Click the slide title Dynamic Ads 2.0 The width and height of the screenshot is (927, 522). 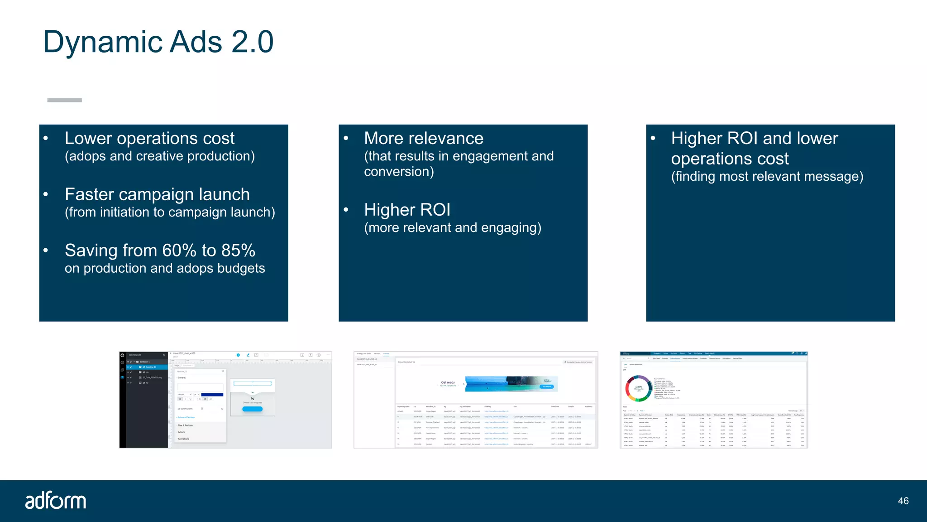coord(158,42)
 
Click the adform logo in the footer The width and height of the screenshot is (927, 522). coord(56,501)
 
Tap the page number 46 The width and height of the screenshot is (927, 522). coord(903,501)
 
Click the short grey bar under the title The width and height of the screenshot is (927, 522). coord(64,100)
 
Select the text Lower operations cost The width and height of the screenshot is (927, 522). coord(149,138)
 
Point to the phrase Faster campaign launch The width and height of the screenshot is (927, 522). coord(157,194)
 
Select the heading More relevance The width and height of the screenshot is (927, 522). coord(423,138)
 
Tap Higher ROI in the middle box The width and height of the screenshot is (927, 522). coord(407,210)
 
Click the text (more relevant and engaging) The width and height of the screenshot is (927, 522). coord(452,227)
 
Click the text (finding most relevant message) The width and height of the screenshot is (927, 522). coord(767,176)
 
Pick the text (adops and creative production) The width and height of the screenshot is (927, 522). coord(159,156)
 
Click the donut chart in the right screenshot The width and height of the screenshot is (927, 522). coord(638,388)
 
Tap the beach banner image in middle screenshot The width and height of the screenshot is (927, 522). coord(511,384)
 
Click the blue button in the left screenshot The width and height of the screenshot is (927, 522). coord(252,409)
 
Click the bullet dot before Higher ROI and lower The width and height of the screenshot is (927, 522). coord(653,138)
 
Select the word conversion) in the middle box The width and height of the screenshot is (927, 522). coord(398,172)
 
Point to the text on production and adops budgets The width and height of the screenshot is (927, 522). coord(165,268)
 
